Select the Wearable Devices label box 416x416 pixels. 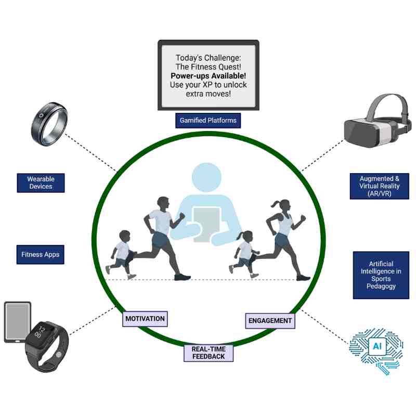[x=41, y=183]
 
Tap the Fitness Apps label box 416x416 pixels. [x=41, y=255]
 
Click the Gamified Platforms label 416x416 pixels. [x=208, y=120]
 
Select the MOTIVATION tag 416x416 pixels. [x=145, y=319]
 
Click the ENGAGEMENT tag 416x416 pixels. [x=270, y=321]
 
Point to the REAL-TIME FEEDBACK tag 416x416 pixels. [x=208, y=353]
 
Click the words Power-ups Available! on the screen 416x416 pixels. [x=208, y=75]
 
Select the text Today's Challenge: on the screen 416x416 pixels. [x=208, y=57]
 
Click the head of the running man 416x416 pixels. [x=163, y=202]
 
